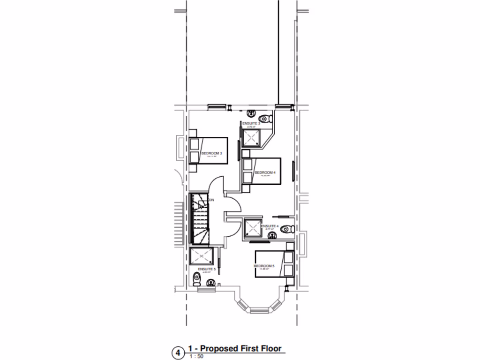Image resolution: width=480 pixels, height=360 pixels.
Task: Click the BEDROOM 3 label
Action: [211, 153]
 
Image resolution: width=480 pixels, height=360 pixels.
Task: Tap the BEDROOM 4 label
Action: [264, 172]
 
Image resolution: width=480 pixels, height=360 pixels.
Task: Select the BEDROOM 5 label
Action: [263, 266]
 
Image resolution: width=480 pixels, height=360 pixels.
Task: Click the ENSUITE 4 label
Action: [270, 226]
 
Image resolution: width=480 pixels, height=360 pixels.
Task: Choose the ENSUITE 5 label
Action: [207, 269]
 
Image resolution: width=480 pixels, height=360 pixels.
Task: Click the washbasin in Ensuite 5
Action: [211, 282]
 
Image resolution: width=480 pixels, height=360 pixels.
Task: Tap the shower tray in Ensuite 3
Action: [251, 137]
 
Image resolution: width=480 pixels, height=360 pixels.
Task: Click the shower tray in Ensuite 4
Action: [253, 229]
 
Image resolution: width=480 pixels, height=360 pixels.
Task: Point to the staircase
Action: [199, 219]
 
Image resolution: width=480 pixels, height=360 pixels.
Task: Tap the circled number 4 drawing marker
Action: [178, 352]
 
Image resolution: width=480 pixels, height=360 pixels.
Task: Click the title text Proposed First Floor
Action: [235, 348]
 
